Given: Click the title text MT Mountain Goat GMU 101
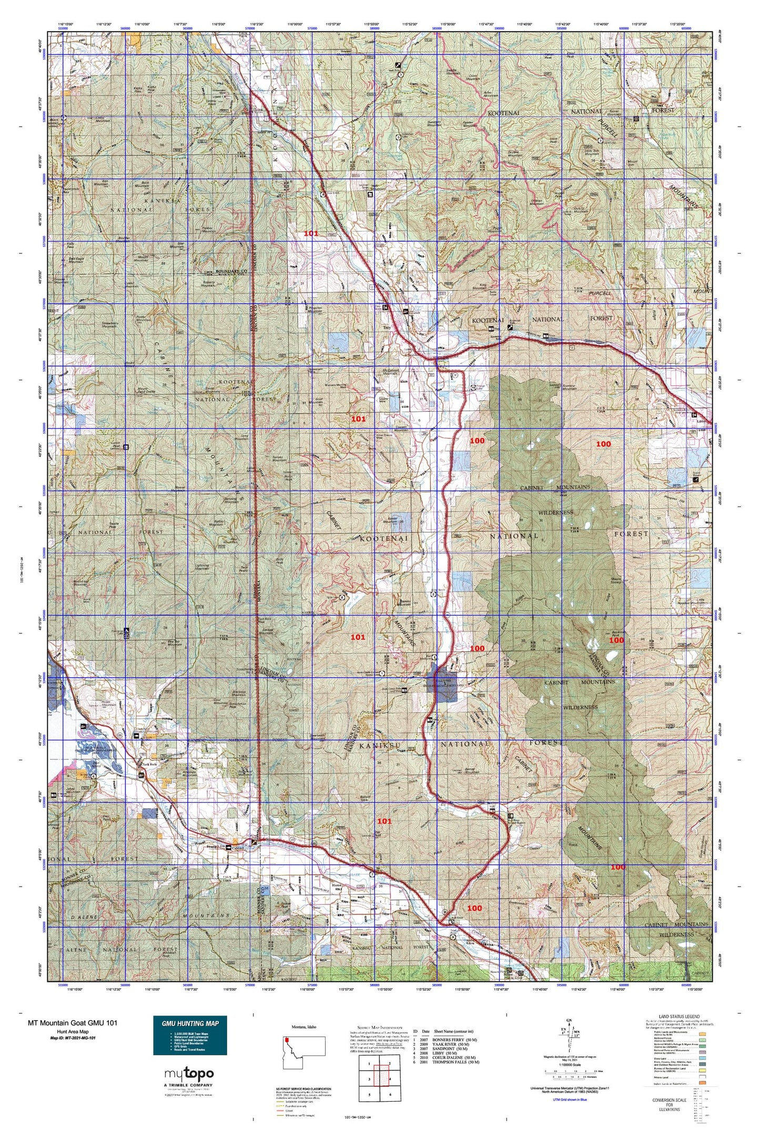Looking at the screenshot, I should tap(73, 1023).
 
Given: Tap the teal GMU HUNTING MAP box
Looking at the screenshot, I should tap(190, 1035).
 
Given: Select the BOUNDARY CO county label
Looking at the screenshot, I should tap(231, 271).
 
